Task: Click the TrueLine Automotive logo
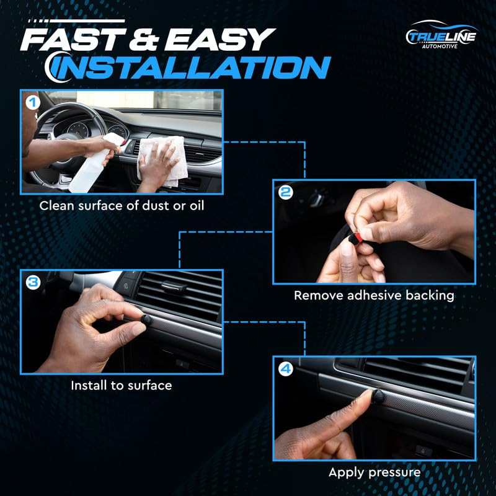click(441, 35)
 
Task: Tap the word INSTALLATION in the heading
click(189, 68)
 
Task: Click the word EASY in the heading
click(219, 40)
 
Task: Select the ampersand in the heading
click(143, 40)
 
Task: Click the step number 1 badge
click(33, 102)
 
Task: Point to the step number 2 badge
click(286, 192)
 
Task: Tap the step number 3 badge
click(33, 282)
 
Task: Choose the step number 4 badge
click(286, 369)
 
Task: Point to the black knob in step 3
click(146, 320)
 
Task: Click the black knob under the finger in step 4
click(378, 396)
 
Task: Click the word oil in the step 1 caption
click(197, 206)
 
